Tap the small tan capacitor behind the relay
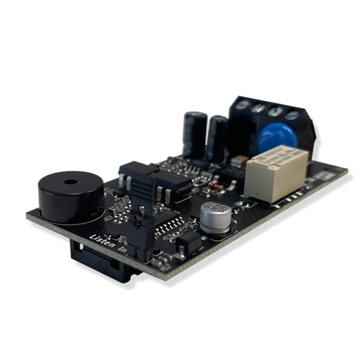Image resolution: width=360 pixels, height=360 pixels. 239,161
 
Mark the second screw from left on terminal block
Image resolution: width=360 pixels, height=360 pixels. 259,107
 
